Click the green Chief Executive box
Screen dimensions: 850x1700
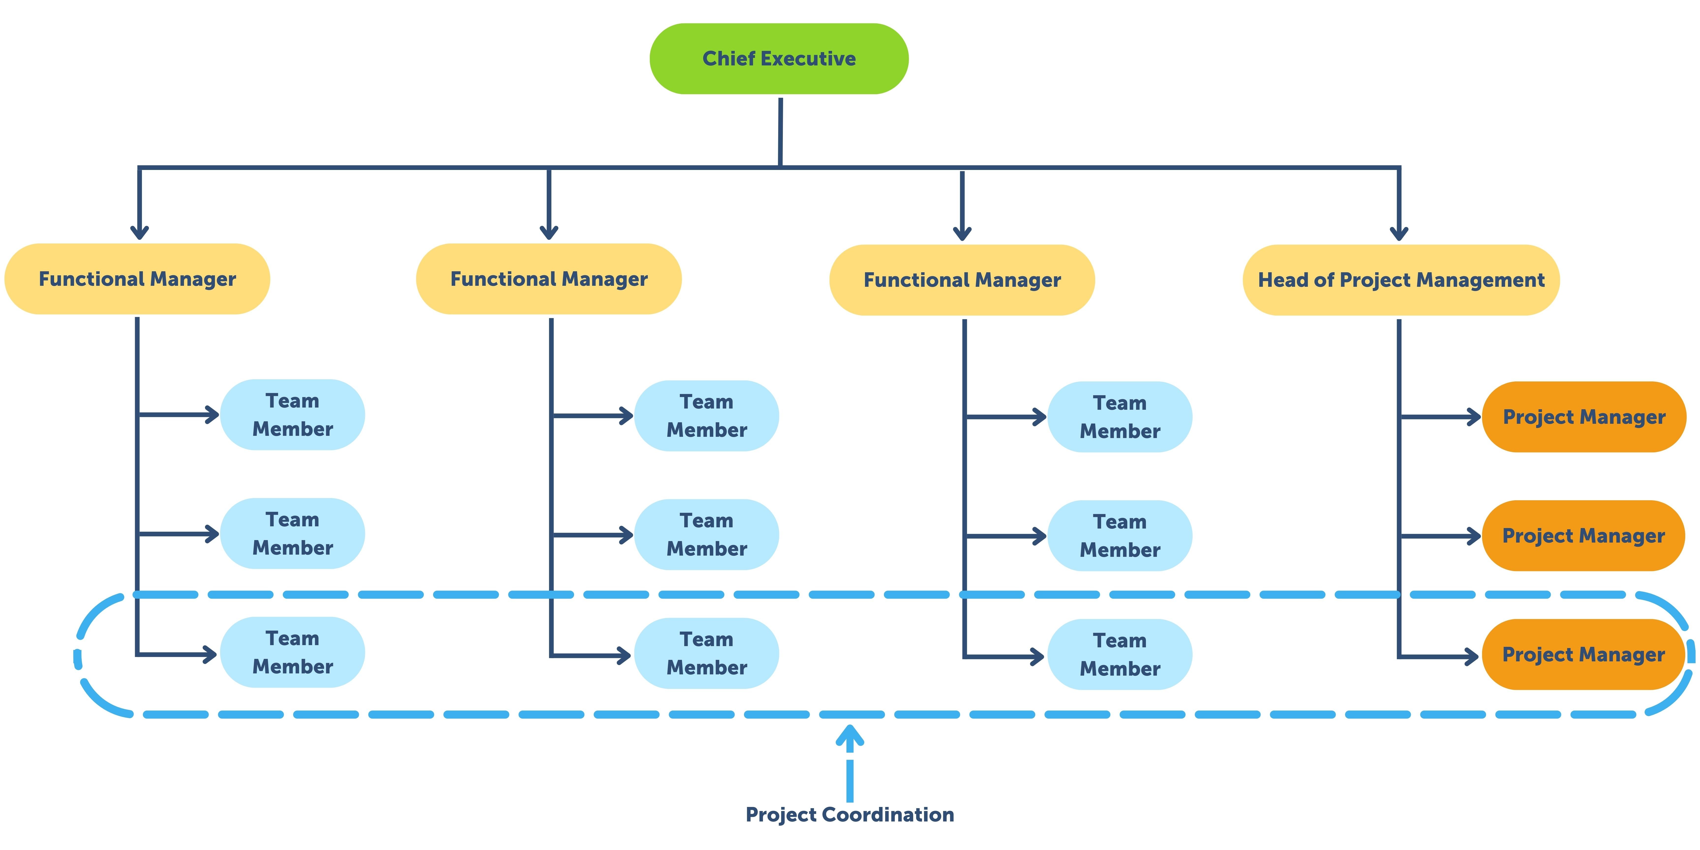[x=779, y=59]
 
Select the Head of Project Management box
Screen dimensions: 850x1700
[x=1400, y=280]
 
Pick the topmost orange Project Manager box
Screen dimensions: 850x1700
[x=1584, y=417]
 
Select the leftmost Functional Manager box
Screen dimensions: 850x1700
[x=137, y=279]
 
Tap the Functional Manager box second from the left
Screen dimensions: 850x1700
[x=548, y=279]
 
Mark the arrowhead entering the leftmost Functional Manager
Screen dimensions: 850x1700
[x=139, y=232]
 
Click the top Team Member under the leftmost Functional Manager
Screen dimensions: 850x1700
[x=292, y=414]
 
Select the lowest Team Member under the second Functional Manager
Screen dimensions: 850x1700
[x=706, y=653]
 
